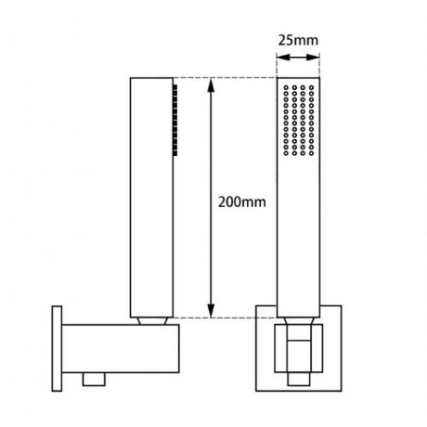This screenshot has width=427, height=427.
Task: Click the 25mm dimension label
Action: (298, 41)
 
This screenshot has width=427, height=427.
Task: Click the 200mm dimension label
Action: (242, 202)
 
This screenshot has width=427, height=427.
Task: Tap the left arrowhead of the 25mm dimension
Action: (283, 58)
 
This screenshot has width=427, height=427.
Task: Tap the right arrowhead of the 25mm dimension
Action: (313, 58)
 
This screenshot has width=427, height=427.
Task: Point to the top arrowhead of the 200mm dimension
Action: (211, 84)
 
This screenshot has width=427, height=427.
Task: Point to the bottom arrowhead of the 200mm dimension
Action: (211, 311)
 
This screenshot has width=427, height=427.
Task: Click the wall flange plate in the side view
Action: (57, 349)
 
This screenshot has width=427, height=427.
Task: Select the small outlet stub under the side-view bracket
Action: (94, 380)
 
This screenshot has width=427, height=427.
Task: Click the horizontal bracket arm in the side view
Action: (121, 349)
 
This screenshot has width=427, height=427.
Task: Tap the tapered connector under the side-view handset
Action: (152, 321)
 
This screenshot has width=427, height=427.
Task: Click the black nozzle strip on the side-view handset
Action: (175, 120)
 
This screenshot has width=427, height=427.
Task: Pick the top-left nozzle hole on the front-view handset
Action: (286, 87)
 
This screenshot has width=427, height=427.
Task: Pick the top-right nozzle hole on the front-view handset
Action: (311, 87)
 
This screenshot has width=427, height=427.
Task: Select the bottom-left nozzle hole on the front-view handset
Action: (286, 153)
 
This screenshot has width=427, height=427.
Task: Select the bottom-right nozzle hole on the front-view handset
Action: (311, 153)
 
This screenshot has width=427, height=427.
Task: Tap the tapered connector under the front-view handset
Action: (299, 321)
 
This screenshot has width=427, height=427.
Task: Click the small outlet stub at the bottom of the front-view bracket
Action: (299, 380)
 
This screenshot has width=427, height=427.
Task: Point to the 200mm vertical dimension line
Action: (211, 198)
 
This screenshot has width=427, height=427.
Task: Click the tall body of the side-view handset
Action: (151, 198)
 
